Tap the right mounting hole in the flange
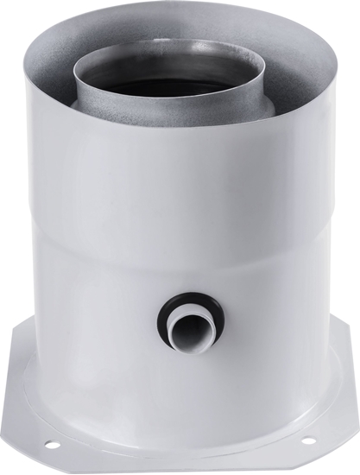tap(310, 441)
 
